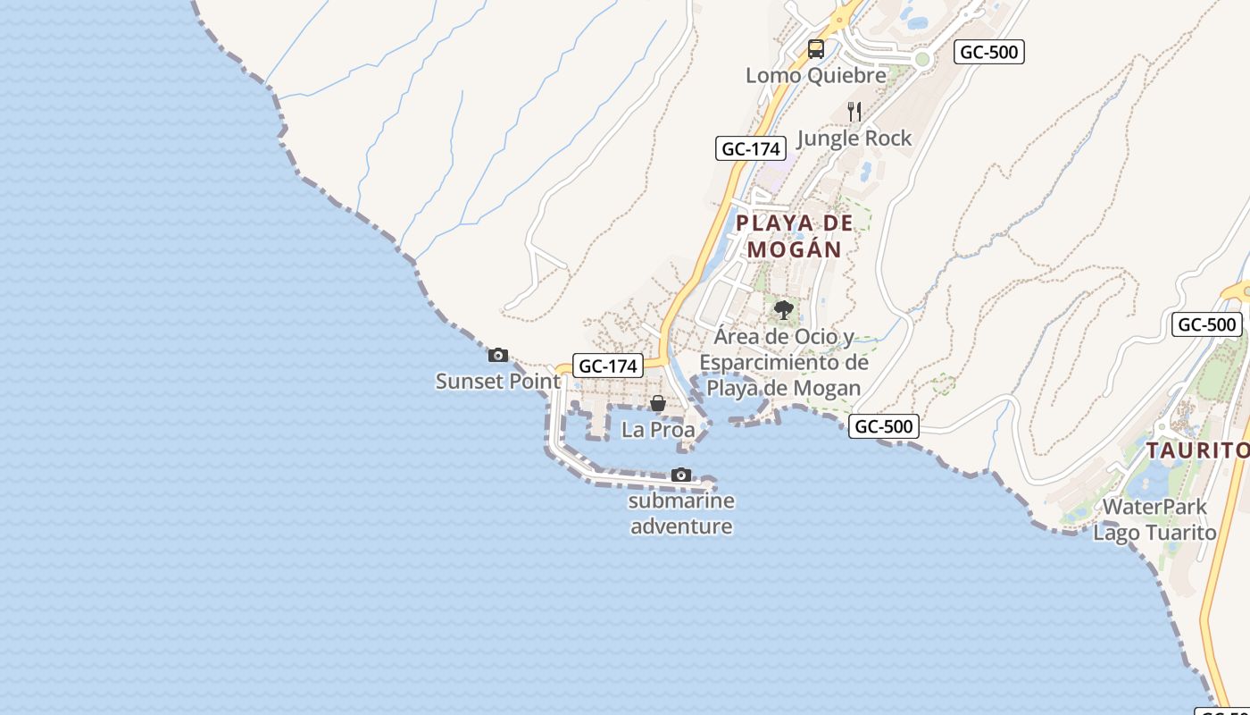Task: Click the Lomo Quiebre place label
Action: (816, 75)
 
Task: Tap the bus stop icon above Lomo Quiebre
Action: (816, 49)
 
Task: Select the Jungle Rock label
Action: (854, 138)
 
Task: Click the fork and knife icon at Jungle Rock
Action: (854, 112)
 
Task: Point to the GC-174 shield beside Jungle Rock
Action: (751, 148)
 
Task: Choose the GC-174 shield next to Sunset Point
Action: (608, 366)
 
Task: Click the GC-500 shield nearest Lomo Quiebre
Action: (988, 52)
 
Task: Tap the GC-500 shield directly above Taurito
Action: (1207, 324)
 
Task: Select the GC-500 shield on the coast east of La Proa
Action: (883, 426)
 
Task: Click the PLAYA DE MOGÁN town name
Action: (795, 236)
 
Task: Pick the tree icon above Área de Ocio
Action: (784, 310)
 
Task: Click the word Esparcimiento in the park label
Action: (784, 362)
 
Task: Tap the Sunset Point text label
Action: (498, 382)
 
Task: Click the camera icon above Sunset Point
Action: (498, 356)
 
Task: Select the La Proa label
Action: (658, 430)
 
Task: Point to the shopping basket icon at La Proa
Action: (658, 404)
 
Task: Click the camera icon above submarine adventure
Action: (681, 475)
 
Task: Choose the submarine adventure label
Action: (682, 513)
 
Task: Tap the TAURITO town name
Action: (1196, 450)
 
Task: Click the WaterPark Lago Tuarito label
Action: (1155, 520)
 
